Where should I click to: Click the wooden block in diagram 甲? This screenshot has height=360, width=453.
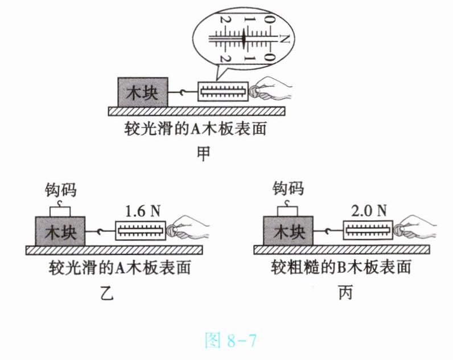(143, 92)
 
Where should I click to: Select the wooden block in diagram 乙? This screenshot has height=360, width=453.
(60, 231)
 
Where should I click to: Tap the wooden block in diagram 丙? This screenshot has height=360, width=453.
(288, 231)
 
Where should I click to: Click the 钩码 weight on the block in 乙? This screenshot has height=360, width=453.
(60, 210)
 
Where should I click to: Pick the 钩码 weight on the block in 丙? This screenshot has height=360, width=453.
(287, 209)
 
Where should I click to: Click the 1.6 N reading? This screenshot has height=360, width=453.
(143, 211)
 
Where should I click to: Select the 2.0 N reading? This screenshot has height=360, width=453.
(369, 211)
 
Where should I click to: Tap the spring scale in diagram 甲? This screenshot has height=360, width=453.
(223, 91)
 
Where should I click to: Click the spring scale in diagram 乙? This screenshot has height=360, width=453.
(141, 231)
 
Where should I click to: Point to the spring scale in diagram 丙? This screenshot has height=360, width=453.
(368, 230)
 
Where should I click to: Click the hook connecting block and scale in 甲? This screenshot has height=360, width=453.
(183, 92)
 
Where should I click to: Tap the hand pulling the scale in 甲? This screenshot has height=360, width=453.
(271, 89)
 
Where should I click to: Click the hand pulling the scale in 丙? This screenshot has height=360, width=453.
(415, 227)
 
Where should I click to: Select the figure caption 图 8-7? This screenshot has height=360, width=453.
(230, 340)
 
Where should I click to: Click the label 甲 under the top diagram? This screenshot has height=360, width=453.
(204, 154)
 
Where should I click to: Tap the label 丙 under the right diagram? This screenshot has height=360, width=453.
(345, 292)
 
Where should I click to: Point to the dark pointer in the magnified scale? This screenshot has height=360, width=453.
(244, 38)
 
